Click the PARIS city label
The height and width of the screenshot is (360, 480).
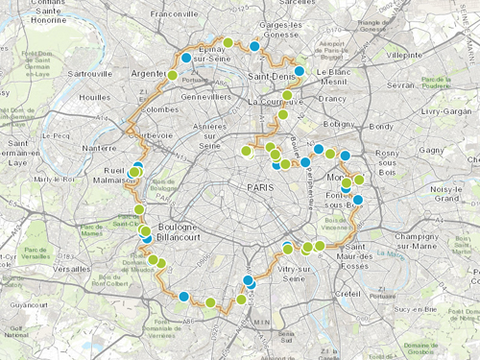259,187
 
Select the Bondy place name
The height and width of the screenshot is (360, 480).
381,127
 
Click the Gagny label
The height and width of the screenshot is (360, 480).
432,151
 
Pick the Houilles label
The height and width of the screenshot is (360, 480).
95,98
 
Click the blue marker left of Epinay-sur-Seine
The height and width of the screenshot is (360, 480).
186,58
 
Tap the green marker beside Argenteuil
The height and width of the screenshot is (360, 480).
173,75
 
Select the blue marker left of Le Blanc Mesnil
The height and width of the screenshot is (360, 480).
300,71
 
